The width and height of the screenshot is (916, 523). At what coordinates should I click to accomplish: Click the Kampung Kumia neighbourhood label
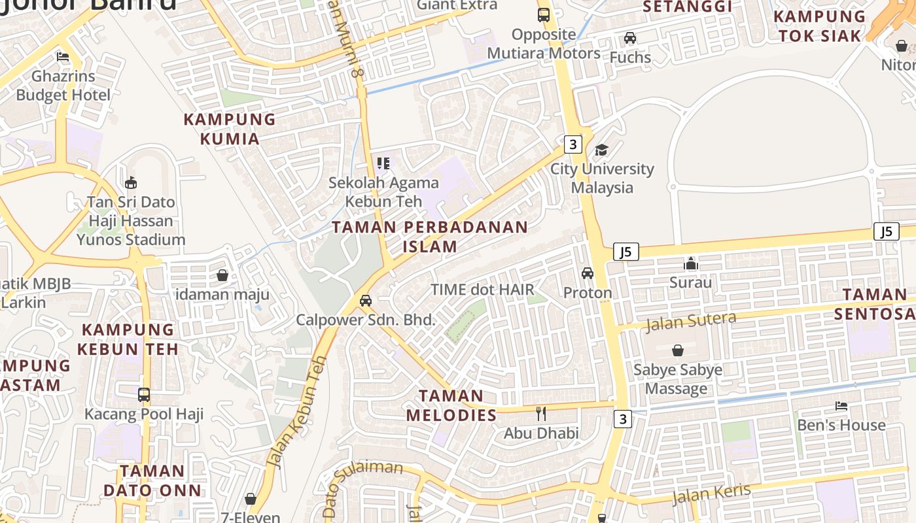click(x=230, y=129)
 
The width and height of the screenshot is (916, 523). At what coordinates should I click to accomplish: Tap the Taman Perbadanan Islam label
click(x=430, y=237)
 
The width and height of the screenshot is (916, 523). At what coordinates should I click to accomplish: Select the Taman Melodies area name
click(x=451, y=405)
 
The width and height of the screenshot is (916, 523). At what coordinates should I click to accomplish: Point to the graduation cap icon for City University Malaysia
click(x=601, y=150)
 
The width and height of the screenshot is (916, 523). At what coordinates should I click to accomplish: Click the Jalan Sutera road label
click(x=691, y=321)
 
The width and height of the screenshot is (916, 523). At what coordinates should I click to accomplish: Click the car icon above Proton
click(x=588, y=273)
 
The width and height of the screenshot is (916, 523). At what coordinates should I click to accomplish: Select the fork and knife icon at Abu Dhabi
click(x=540, y=413)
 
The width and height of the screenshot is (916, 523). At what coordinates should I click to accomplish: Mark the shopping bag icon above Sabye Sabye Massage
click(x=678, y=350)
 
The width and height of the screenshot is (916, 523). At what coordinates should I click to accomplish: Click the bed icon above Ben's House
click(x=841, y=406)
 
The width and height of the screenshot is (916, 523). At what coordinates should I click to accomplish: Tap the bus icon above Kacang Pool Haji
click(x=144, y=395)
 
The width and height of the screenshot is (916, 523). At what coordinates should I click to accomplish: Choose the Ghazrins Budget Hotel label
click(x=63, y=86)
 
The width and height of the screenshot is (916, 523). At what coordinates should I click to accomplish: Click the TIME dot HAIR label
click(x=482, y=290)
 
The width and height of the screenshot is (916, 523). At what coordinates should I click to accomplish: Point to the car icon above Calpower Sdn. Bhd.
click(x=366, y=301)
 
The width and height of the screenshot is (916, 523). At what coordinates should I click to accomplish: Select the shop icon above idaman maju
click(x=222, y=275)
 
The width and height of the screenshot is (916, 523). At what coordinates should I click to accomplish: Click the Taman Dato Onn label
click(x=152, y=481)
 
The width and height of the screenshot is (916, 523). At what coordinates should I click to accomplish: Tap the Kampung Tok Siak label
click(x=819, y=26)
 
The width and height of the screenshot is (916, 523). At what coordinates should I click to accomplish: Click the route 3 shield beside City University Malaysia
click(x=572, y=144)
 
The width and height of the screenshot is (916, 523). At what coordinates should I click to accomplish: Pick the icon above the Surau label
click(x=691, y=263)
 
